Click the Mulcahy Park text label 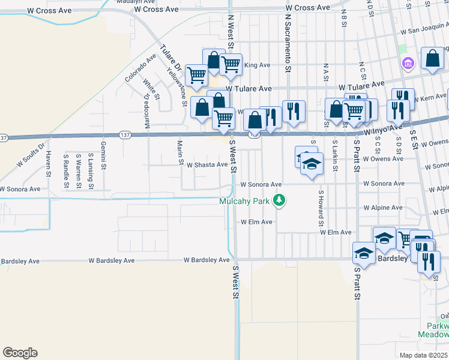click(x=245, y=201)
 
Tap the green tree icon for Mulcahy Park click(x=279, y=200)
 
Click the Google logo click(x=20, y=353)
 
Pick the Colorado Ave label click(x=140, y=67)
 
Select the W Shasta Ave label click(x=207, y=164)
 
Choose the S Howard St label click(x=321, y=204)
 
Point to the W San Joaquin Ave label click(x=427, y=27)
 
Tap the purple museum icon click(x=408, y=62)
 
